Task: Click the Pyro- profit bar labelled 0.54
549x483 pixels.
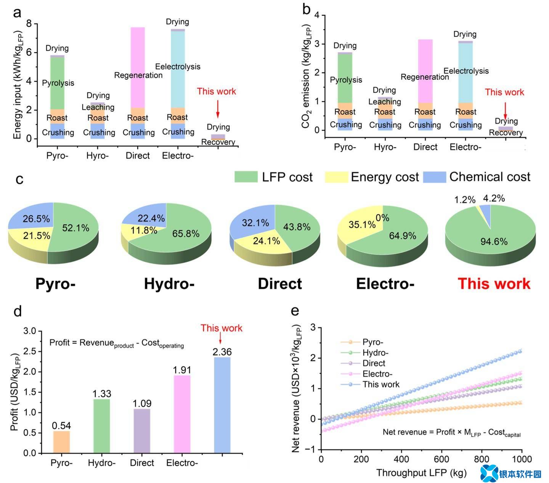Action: (x=61, y=442)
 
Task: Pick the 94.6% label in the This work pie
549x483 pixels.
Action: (x=494, y=241)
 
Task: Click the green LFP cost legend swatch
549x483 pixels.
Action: (x=246, y=177)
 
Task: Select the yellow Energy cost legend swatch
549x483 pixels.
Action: (x=336, y=177)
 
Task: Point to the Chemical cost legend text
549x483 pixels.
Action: (x=490, y=177)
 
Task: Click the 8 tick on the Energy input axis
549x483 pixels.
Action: (x=29, y=24)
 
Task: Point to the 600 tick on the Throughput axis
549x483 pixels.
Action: (x=441, y=459)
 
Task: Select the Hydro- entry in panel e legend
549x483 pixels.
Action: (x=375, y=353)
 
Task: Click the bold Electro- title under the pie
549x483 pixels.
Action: (x=385, y=284)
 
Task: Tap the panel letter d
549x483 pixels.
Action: (x=18, y=311)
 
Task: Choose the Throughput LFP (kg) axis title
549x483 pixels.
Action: (x=421, y=473)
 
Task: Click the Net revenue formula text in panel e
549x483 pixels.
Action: (x=451, y=432)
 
